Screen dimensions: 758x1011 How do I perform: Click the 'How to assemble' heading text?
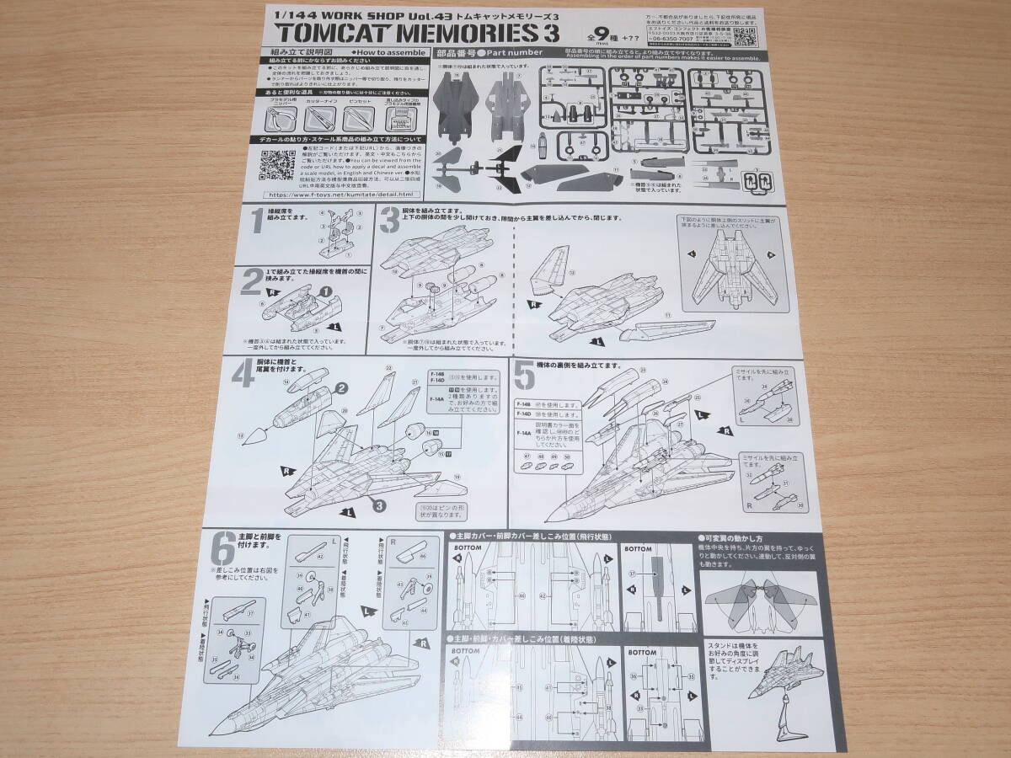(x=382, y=52)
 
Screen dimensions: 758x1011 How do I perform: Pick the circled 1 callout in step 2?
(x=326, y=291)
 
